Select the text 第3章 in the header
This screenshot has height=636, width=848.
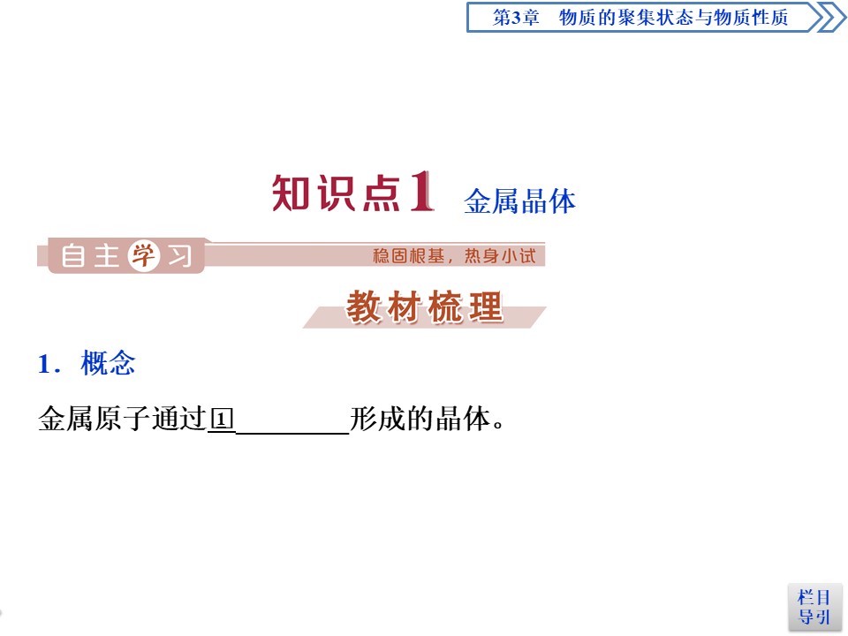click(515, 18)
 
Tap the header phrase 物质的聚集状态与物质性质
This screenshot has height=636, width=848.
click(673, 18)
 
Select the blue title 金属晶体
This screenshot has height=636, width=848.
click(519, 201)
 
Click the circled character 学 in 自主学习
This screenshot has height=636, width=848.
click(142, 256)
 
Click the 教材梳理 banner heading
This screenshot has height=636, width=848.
click(424, 308)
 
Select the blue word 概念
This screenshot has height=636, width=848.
click(108, 363)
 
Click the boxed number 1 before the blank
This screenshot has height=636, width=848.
click(221, 419)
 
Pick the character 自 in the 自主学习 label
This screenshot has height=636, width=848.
click(73, 257)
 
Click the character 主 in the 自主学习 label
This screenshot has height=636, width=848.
click(106, 257)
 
